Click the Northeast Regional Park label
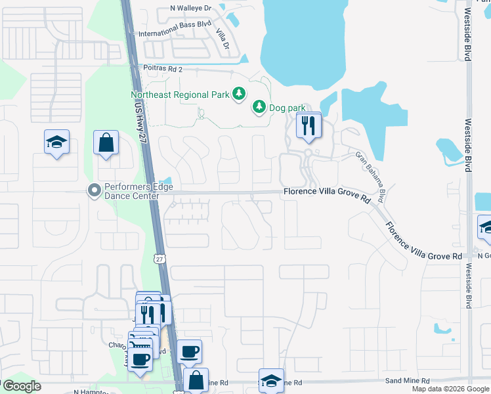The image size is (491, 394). [179, 95]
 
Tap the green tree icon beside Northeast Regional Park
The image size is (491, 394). [239, 94]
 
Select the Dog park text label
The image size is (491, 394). [288, 106]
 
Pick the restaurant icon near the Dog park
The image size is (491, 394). [308, 125]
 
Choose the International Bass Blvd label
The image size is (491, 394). [175, 29]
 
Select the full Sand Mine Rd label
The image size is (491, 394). [407, 380]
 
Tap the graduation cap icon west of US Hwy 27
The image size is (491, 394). [57, 141]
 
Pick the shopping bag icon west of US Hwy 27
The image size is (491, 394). [106, 142]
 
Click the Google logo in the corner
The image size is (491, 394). [21, 386]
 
